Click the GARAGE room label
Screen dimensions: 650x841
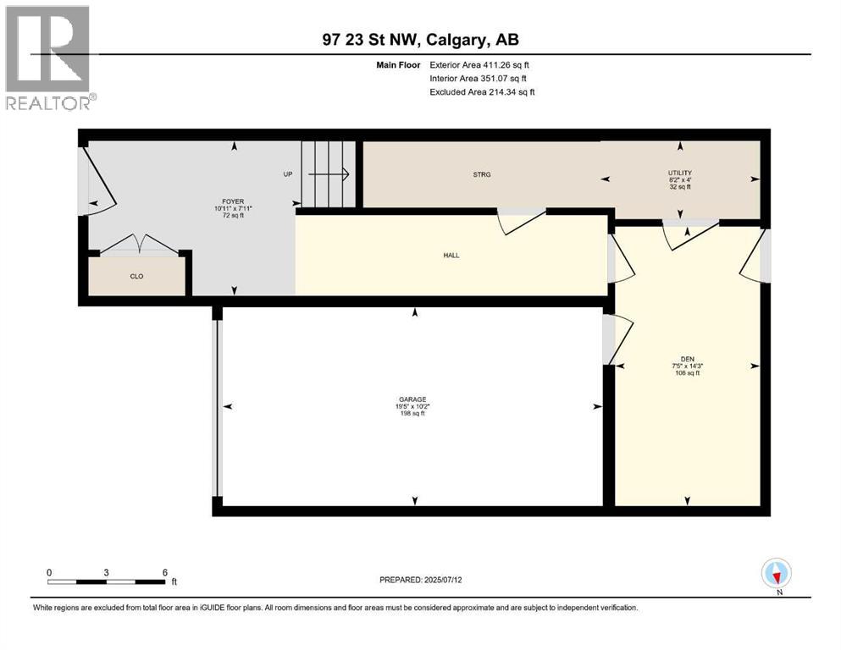(412, 398)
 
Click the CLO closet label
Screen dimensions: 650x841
(136, 276)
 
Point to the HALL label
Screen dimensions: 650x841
(451, 255)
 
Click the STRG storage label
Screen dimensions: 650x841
(482, 174)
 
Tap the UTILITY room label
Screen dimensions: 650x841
(680, 173)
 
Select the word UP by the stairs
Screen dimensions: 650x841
(287, 174)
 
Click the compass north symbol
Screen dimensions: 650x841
(776, 574)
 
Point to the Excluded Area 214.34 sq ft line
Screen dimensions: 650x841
(482, 91)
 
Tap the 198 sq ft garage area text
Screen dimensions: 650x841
(412, 414)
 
